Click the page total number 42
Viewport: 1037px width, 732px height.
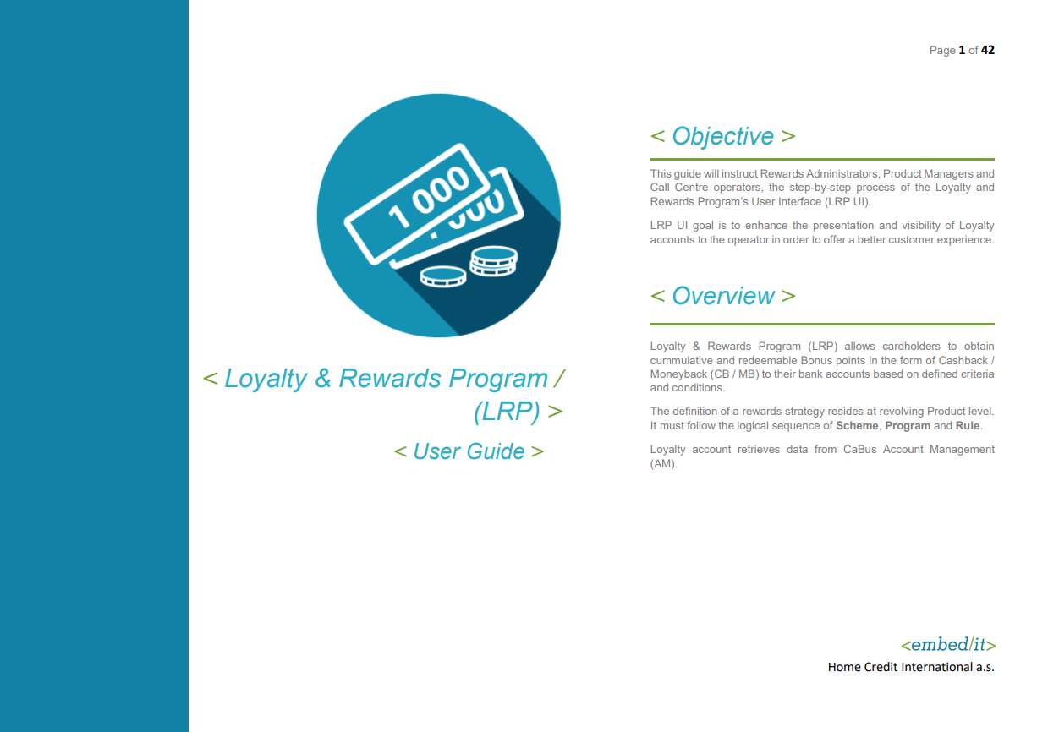coord(987,50)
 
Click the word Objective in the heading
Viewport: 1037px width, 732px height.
coord(722,136)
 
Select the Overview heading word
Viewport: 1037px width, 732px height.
coord(722,296)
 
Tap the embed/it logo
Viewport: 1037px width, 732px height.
coord(948,645)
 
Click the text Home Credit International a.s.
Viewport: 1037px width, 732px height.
coord(911,667)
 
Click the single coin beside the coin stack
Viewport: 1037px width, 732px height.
coord(443,276)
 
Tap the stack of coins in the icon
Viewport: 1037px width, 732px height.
coord(493,261)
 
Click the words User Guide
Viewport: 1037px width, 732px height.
coord(469,451)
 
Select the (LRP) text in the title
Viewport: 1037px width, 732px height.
coord(507,411)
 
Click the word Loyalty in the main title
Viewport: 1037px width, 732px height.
coord(266,379)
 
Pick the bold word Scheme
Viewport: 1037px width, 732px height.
coord(857,426)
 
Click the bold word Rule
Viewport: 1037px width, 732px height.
coord(968,426)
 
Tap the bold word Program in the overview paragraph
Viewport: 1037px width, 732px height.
coord(908,426)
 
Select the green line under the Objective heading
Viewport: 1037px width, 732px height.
coord(821,159)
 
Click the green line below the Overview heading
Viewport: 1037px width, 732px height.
coord(821,324)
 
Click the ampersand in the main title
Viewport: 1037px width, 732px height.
coord(322,378)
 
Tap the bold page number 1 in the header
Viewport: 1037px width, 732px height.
coord(962,50)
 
